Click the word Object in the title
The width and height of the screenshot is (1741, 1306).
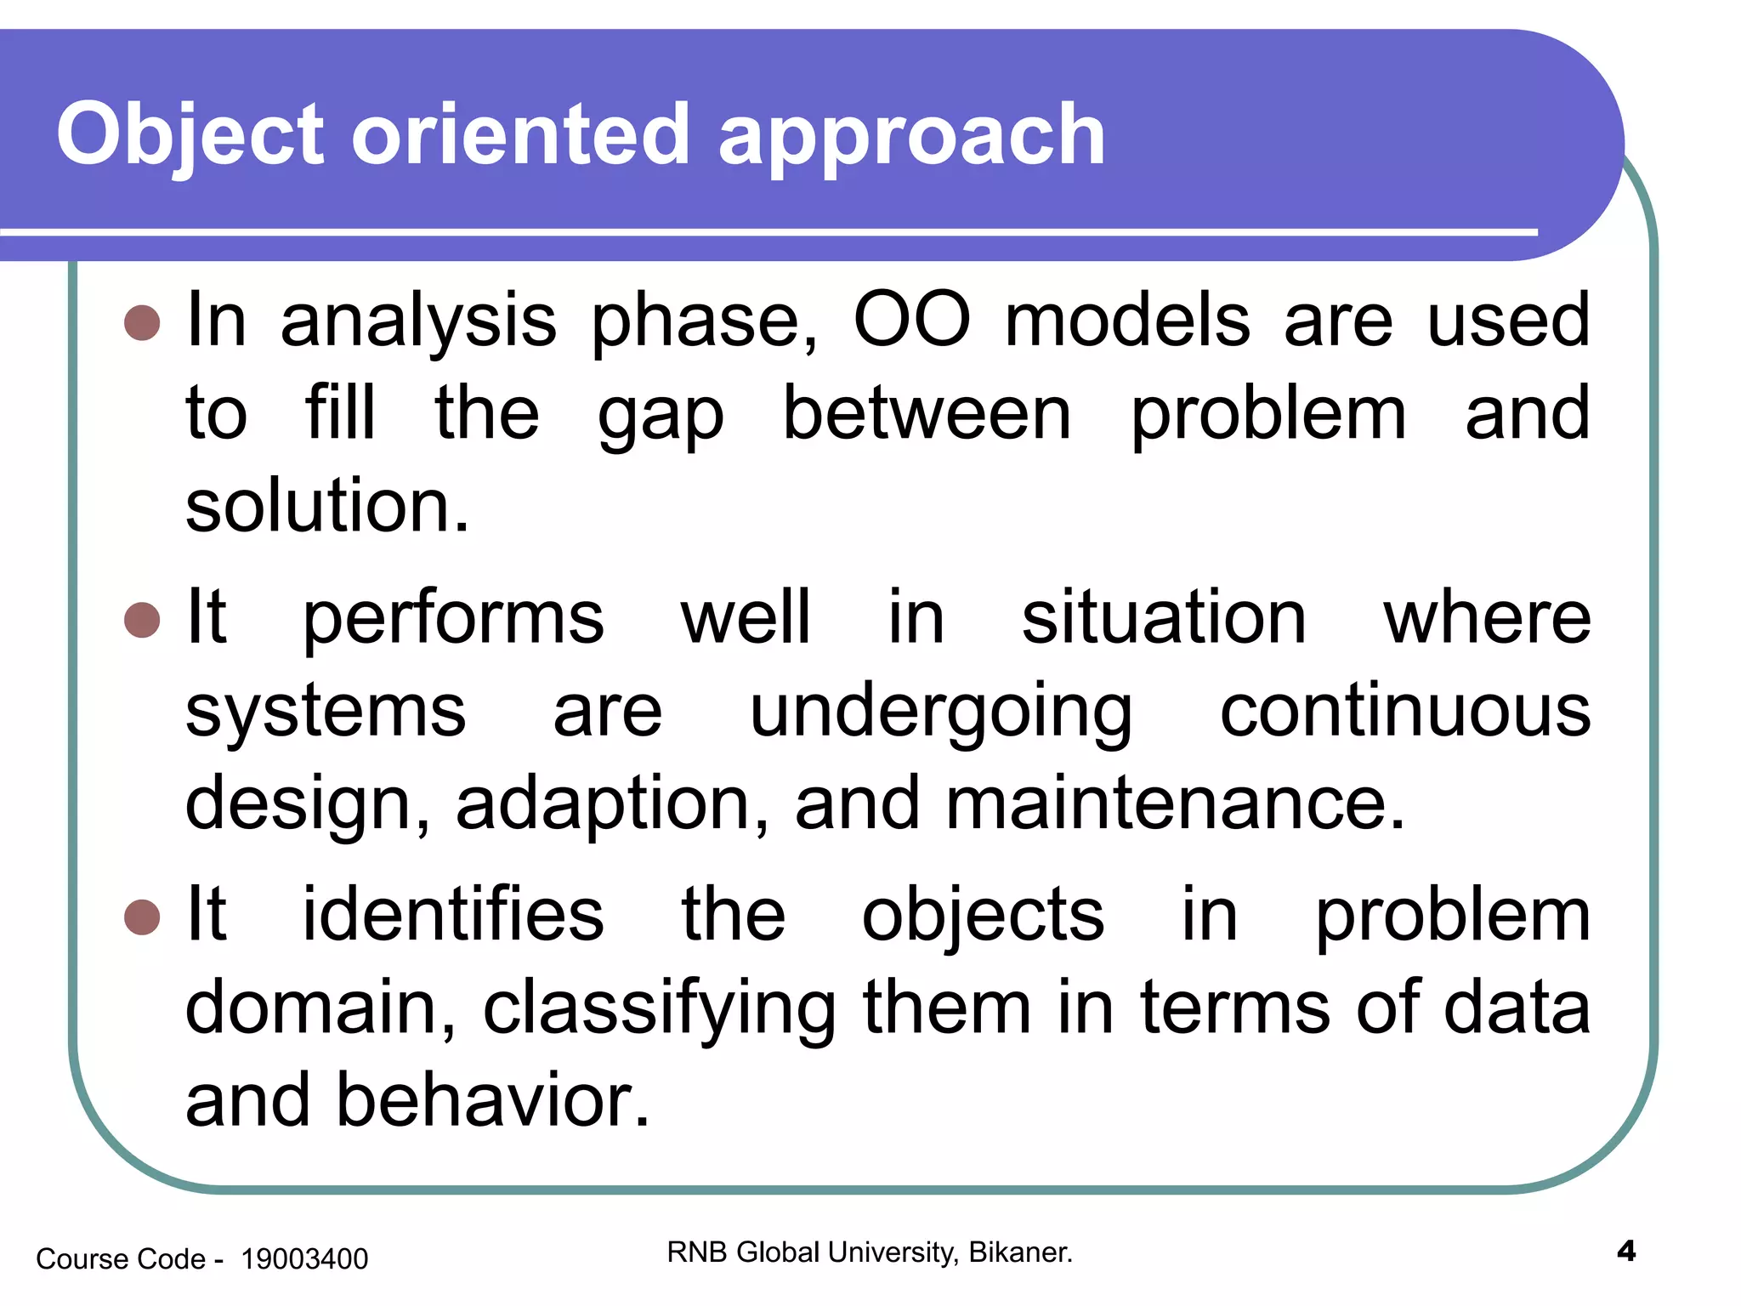click(190, 134)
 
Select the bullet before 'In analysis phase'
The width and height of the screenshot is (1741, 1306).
click(142, 323)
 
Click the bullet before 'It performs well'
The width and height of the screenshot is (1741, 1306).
click(142, 620)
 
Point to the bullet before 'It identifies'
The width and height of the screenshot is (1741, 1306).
click(142, 917)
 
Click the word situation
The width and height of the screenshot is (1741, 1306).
click(1163, 617)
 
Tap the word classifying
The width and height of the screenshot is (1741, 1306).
click(660, 1010)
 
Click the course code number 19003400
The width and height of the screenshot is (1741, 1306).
click(304, 1259)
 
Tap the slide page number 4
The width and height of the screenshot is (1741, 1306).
click(1625, 1252)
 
